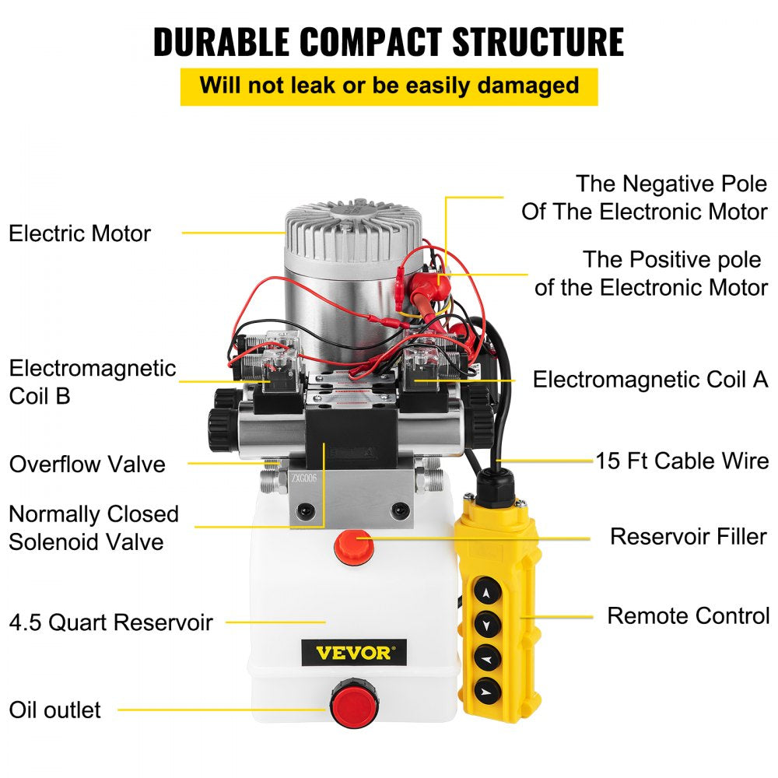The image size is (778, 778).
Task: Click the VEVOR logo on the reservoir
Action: click(x=354, y=651)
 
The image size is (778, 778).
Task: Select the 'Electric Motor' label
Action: click(x=79, y=233)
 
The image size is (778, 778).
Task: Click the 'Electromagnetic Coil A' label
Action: click(x=650, y=380)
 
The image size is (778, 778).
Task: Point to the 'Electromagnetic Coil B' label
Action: click(x=92, y=381)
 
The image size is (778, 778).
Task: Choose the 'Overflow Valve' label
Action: click(x=87, y=464)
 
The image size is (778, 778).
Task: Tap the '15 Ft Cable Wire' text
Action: click(x=682, y=461)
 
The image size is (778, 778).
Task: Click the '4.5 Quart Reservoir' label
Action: click(x=110, y=622)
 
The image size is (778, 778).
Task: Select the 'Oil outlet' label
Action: click(x=54, y=710)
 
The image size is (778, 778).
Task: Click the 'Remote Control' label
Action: click(x=688, y=615)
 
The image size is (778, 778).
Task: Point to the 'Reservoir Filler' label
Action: click(x=688, y=536)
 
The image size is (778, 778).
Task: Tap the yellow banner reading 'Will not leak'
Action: click(x=388, y=86)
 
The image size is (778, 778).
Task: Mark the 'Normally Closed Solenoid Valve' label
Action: click(x=93, y=527)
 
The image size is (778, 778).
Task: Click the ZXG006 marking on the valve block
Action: click(x=305, y=478)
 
